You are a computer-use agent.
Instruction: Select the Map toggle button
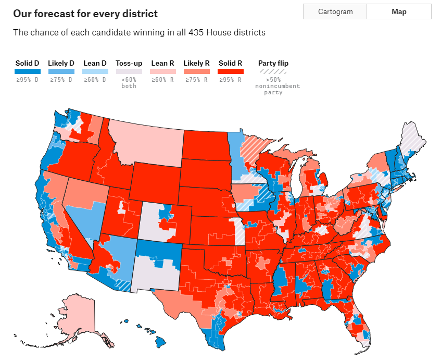coord(399,11)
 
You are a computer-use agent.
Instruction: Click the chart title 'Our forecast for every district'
coord(85,14)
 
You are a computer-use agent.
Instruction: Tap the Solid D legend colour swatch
coord(27,71)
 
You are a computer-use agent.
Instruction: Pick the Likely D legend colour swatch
coord(61,71)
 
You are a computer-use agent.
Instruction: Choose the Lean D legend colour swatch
coord(95,71)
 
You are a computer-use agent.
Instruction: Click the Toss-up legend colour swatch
coord(129,71)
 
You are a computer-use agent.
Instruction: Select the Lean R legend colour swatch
coord(162,71)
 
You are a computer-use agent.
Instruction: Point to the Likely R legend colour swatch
coord(196,71)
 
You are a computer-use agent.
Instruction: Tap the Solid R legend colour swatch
coord(231,71)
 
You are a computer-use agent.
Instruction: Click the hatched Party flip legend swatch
coord(273,71)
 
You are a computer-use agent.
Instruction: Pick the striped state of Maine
coord(414,138)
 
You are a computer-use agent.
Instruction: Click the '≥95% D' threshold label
coord(27,80)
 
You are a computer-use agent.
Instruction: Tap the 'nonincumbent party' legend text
coord(273,90)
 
